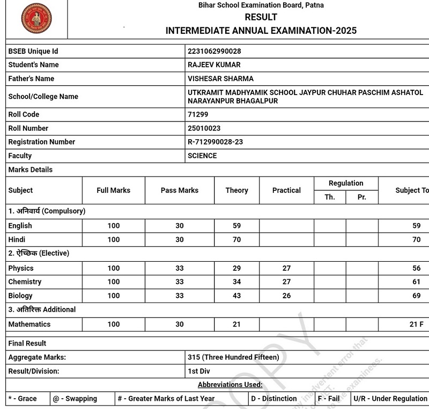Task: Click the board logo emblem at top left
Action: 36,18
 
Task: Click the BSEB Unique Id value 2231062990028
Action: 214,51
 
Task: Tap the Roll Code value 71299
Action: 198,114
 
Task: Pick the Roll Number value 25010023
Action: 204,128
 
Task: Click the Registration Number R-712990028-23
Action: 215,142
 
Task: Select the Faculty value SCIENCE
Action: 202,156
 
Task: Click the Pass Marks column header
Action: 180,190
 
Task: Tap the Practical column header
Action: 286,190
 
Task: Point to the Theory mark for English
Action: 236,226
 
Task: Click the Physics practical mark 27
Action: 286,268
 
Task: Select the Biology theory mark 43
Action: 236,296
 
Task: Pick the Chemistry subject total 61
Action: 417,282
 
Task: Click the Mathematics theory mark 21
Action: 236,324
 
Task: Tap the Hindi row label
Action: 17,240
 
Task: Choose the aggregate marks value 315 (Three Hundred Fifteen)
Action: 233,357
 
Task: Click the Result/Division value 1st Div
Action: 199,371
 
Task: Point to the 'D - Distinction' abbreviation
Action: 274,399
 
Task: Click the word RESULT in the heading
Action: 261,17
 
